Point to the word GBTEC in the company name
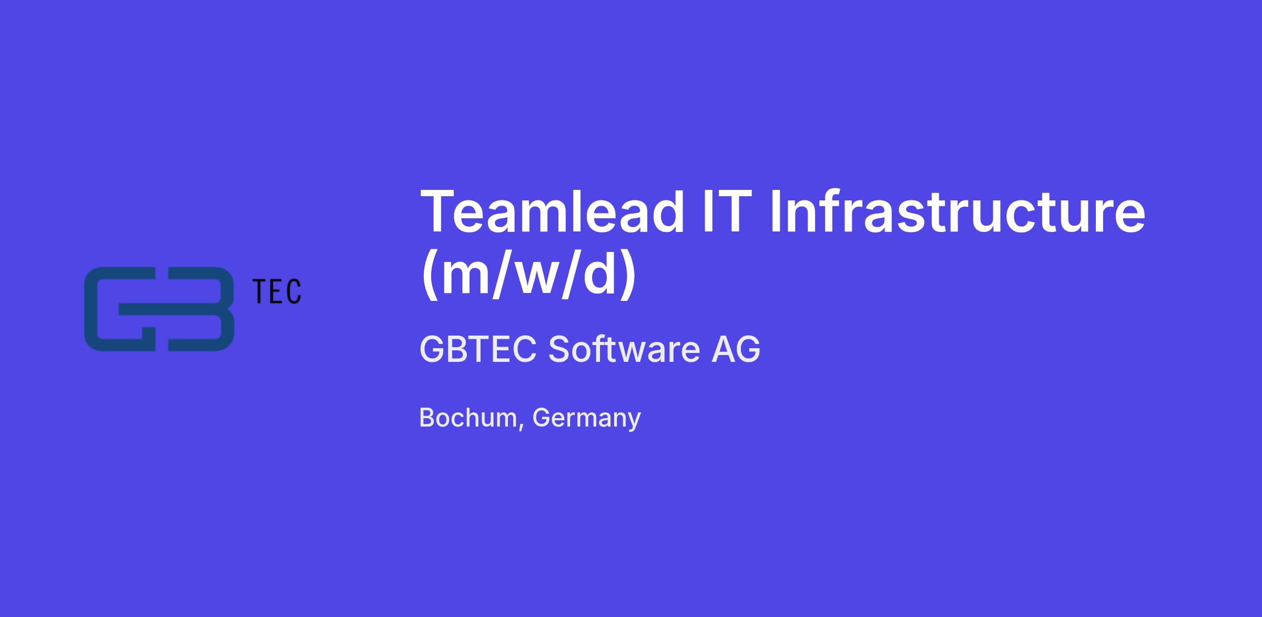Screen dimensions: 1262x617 click(x=478, y=349)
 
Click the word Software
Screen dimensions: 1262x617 click(x=624, y=349)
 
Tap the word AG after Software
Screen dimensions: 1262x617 click(x=736, y=349)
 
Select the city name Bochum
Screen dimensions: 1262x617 click(x=468, y=418)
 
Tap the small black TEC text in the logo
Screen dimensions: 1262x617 click(x=277, y=291)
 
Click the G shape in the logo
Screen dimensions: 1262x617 click(x=120, y=309)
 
